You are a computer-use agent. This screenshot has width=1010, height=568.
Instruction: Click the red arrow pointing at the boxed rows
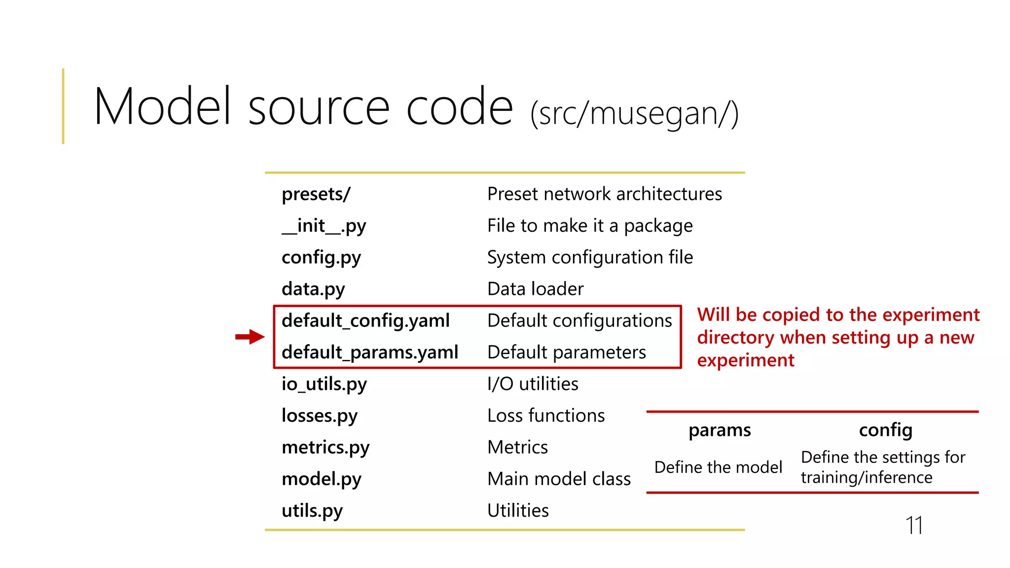(250, 337)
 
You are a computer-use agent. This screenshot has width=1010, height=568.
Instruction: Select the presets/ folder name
(316, 194)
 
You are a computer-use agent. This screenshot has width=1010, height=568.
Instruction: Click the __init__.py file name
(324, 226)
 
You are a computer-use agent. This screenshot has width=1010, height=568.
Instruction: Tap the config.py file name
(321, 257)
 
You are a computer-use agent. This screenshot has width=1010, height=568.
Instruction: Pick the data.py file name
(313, 289)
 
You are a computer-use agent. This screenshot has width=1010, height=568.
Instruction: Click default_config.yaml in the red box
(365, 320)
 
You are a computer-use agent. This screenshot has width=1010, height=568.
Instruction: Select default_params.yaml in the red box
(370, 352)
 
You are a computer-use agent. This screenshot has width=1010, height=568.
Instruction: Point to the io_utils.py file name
(324, 384)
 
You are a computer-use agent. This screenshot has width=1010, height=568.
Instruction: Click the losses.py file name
(319, 416)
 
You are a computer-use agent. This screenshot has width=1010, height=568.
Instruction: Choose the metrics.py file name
(325, 447)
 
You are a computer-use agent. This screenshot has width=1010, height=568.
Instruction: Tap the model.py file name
(321, 479)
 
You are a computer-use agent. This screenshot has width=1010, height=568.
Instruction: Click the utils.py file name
(312, 510)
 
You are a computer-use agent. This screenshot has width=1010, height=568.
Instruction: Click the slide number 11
(914, 525)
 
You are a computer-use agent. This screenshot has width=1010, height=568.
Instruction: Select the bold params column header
(720, 430)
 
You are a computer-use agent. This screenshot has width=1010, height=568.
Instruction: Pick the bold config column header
(885, 430)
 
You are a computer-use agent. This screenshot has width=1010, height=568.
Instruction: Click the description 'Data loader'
(535, 289)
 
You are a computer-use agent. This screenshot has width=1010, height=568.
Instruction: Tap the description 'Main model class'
(559, 479)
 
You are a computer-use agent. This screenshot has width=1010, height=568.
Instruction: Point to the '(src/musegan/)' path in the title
(634, 113)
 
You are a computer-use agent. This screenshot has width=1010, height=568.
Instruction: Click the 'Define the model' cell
(718, 467)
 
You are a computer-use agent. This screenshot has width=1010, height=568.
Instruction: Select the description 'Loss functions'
(546, 416)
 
